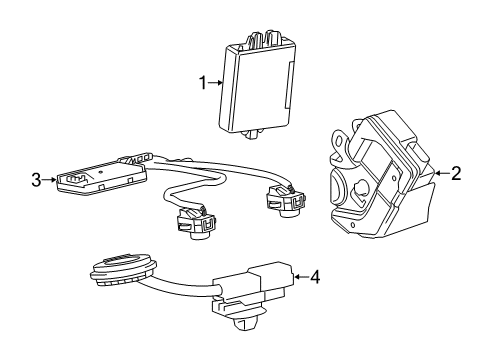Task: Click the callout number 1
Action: (x=203, y=84)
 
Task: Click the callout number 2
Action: (x=456, y=173)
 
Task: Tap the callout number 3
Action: (x=35, y=180)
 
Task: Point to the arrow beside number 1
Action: (x=213, y=84)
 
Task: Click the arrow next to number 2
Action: (x=441, y=173)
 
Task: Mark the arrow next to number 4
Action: (x=301, y=275)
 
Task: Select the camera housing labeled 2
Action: (x=380, y=180)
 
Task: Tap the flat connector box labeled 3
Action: (x=100, y=178)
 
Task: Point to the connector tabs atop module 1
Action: (x=262, y=40)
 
